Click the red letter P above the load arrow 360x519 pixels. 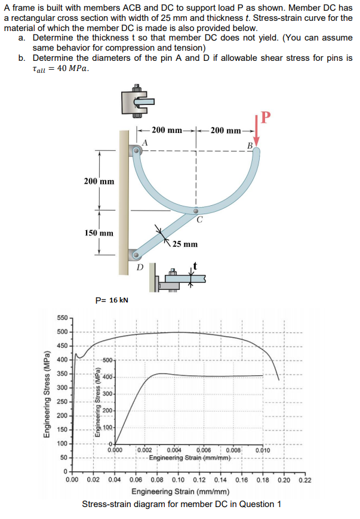click(x=266, y=118)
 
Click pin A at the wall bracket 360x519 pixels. click(x=136, y=150)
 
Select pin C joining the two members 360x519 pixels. click(x=196, y=211)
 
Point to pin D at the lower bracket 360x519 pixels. click(x=136, y=255)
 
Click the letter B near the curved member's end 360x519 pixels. click(x=250, y=146)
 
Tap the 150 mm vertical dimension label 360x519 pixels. click(x=99, y=233)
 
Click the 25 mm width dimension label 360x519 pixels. click(x=185, y=244)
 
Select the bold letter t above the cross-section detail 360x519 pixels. click(x=195, y=265)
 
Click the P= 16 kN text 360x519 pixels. click(x=112, y=300)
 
